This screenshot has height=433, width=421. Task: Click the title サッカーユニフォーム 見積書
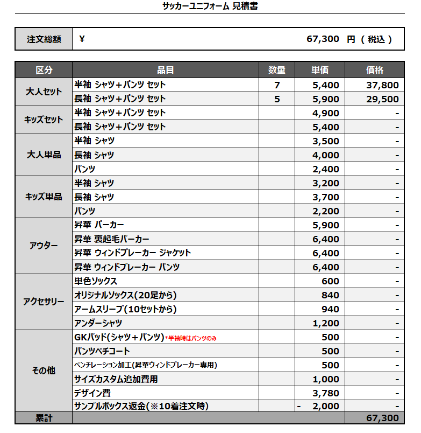210,6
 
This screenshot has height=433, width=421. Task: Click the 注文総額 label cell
44,39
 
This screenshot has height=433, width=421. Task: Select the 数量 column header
277,70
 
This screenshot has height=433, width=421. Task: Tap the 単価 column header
320,70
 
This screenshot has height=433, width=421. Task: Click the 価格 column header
374,70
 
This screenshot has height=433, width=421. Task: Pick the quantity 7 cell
277,85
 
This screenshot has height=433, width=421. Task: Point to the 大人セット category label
44,92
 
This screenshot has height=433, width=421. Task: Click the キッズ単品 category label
44,197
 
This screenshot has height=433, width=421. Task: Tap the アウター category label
44,246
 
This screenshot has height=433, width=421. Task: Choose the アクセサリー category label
44,302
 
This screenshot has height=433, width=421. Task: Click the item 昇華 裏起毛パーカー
112,239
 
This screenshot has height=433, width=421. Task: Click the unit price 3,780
326,393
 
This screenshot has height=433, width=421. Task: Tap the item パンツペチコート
102,351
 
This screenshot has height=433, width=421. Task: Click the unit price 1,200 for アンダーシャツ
326,323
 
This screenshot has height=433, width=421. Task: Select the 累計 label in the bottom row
44,418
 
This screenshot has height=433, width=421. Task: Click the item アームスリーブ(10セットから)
125,309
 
